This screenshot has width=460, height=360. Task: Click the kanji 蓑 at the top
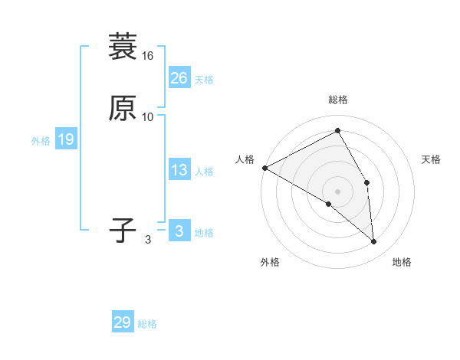tap(123, 47)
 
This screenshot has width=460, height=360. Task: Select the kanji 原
tap(123, 108)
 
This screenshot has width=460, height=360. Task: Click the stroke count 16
tap(148, 56)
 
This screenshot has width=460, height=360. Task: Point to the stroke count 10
tap(148, 117)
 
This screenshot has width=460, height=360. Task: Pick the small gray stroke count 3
tap(148, 239)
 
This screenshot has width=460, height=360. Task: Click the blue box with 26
tap(179, 78)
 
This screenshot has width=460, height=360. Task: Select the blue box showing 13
tap(179, 171)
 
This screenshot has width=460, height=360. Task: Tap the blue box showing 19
tap(65, 139)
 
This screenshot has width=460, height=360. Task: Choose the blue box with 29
tap(122, 322)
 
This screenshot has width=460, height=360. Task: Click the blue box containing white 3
tap(179, 231)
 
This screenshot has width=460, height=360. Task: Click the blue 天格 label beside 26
tap(204, 80)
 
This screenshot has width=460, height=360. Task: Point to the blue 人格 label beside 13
tap(204, 172)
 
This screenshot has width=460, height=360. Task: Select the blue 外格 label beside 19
tap(41, 141)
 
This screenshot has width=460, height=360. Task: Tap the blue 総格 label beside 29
tap(147, 324)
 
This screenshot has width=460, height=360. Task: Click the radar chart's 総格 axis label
tap(338, 100)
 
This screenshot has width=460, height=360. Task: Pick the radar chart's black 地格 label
tap(402, 263)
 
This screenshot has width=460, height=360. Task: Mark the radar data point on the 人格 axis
tap(264, 168)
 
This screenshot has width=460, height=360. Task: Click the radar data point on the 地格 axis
tap(374, 242)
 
